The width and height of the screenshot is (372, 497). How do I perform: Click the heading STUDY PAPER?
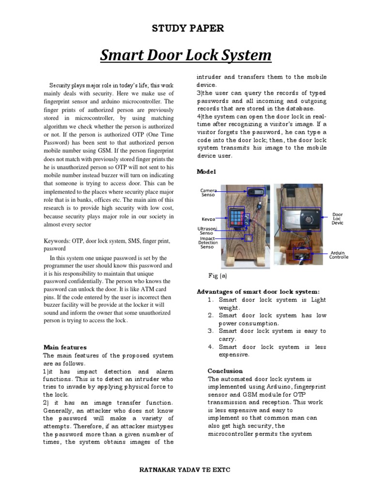[x=188, y=29]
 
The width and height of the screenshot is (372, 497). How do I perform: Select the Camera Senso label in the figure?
[x=208, y=193]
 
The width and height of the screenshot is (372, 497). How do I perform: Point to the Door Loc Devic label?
[x=338, y=218]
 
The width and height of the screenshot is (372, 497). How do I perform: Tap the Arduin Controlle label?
[x=339, y=255]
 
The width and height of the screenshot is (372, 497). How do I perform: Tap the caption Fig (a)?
[x=217, y=275]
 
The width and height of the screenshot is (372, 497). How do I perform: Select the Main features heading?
[x=65, y=347]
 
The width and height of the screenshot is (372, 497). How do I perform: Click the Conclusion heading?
[x=226, y=371]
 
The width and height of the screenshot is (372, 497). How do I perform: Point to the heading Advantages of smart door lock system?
[x=258, y=292]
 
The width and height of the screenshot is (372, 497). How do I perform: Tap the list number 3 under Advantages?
[x=211, y=331]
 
